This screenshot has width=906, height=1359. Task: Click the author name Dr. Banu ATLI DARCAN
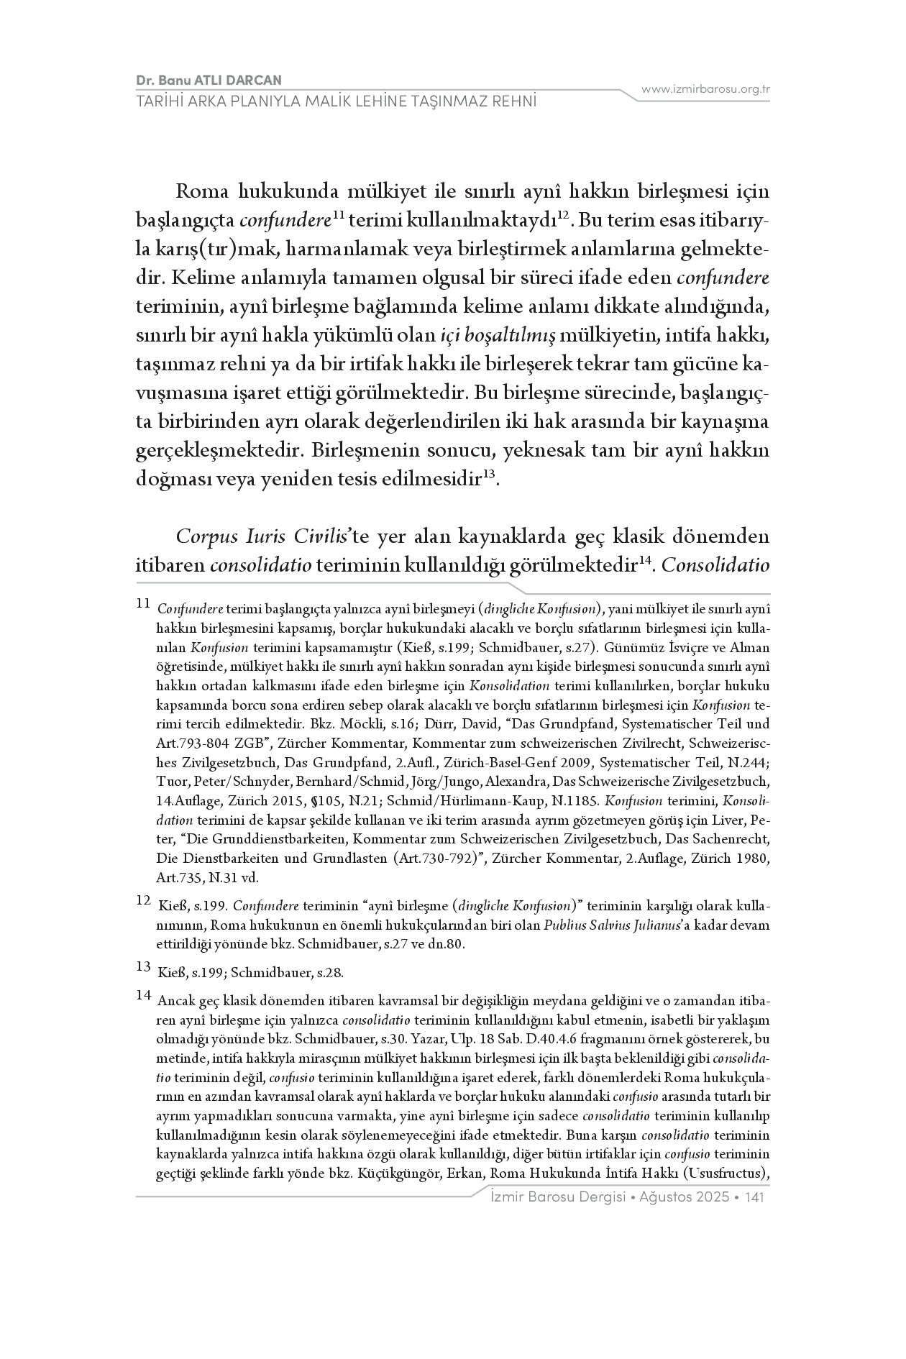209,80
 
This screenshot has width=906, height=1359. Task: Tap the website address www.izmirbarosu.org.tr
705,89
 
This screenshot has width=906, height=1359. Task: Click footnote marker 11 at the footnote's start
142,603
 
